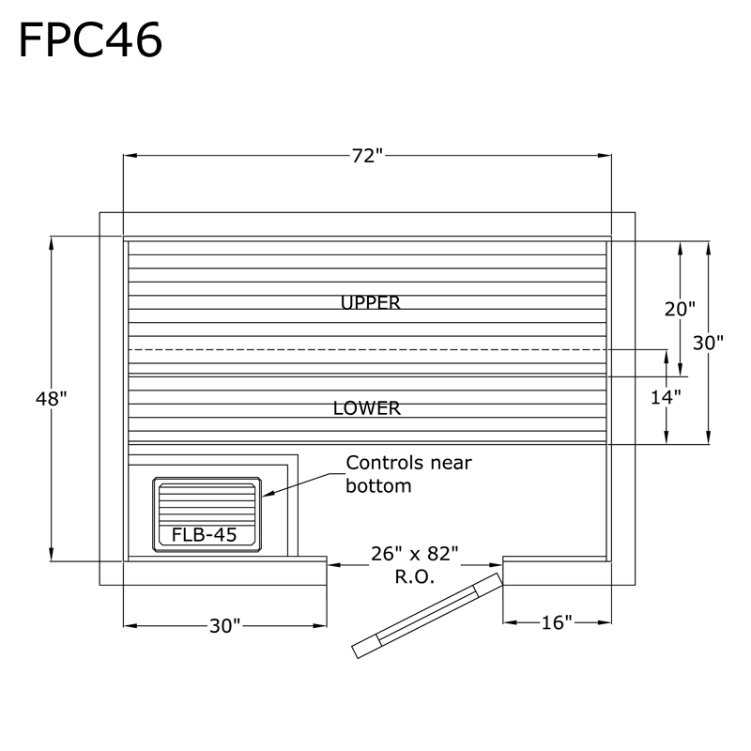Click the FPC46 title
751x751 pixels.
click(90, 39)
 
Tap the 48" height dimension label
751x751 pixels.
click(51, 398)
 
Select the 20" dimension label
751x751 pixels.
click(680, 308)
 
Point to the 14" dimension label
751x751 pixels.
click(666, 396)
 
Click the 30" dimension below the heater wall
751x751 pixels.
click(225, 624)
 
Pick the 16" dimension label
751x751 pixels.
click(557, 623)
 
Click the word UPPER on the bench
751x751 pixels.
click(370, 302)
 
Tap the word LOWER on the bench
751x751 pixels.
click(367, 409)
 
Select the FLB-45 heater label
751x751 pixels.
click(204, 535)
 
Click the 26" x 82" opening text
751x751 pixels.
click(414, 554)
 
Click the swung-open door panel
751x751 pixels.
click(427, 615)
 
